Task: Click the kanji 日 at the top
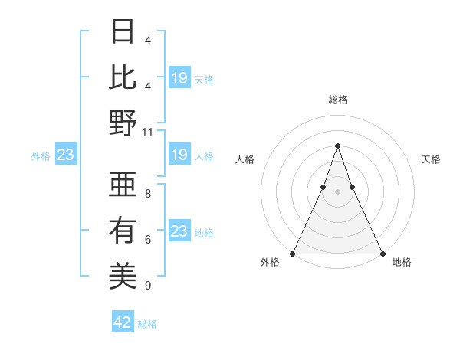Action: [x=123, y=33]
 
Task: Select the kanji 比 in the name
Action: [x=123, y=77]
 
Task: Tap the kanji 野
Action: [x=123, y=123]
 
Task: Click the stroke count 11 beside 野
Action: [x=147, y=132]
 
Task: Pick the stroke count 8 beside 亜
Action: [x=147, y=195]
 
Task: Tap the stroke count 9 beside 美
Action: [x=147, y=286]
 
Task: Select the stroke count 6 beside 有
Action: [x=147, y=240]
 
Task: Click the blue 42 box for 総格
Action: [x=123, y=322]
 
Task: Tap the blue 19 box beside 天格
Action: [x=179, y=77]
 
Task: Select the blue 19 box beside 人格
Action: [x=179, y=155]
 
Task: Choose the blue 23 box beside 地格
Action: [x=179, y=231]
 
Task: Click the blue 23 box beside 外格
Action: [x=65, y=155]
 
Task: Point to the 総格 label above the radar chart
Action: [x=337, y=100]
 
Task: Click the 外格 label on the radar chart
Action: [x=270, y=263]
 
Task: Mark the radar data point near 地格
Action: [x=382, y=253]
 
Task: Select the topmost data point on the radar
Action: [x=337, y=146]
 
